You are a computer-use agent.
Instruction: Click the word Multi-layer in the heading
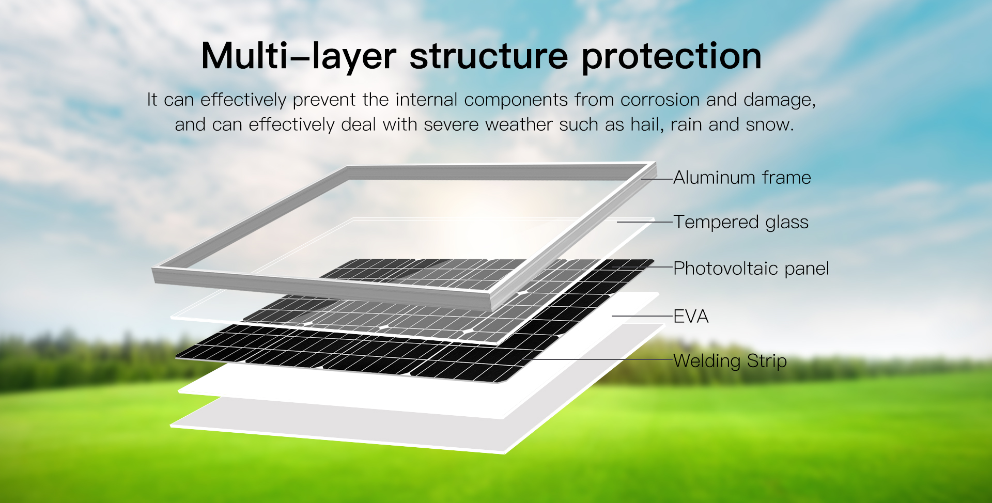pos(298,56)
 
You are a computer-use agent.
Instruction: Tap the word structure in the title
pos(488,56)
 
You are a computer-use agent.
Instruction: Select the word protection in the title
pos(671,57)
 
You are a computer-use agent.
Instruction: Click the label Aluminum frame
pos(742,178)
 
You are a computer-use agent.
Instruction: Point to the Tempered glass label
pos(741,222)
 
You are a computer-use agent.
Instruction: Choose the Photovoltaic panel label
pos(751,269)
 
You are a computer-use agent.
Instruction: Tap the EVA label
pos(691,316)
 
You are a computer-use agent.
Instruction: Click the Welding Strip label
pos(730,360)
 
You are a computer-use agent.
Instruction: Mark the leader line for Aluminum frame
pos(657,179)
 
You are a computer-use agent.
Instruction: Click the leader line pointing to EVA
pos(642,316)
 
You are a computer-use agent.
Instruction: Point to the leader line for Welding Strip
pos(599,359)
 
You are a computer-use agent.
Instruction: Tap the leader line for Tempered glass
pos(645,222)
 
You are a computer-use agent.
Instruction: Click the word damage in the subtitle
pos(779,100)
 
